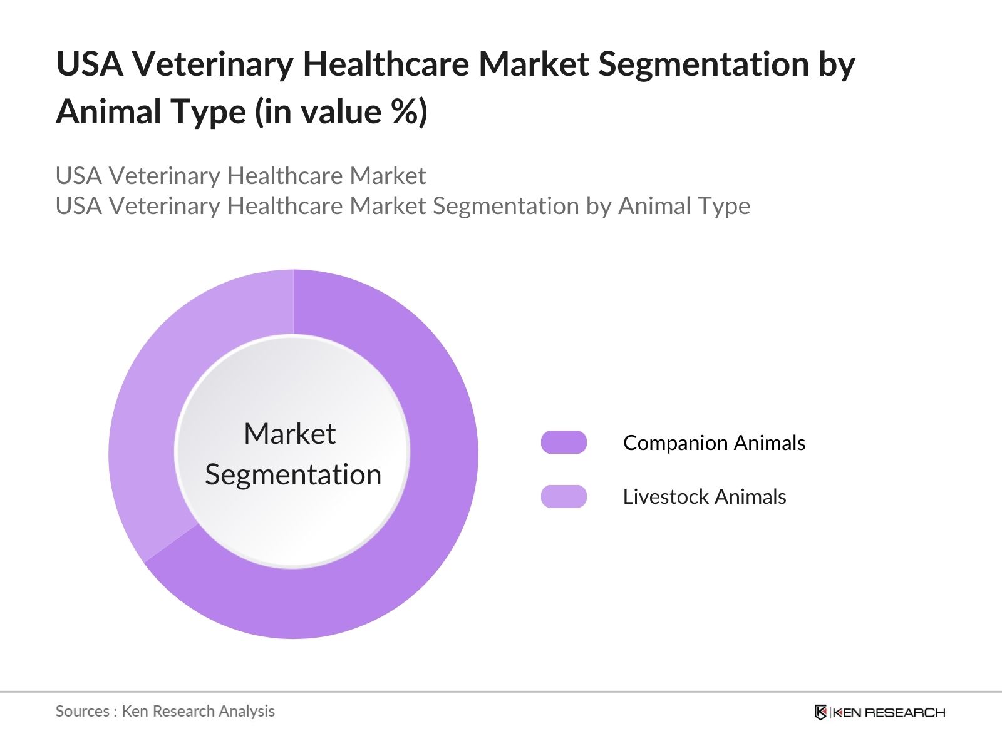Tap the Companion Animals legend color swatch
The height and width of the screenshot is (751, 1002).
pyautogui.click(x=564, y=442)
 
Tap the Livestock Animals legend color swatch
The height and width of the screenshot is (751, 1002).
pyautogui.click(x=564, y=496)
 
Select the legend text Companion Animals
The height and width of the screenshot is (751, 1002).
pyautogui.click(x=714, y=442)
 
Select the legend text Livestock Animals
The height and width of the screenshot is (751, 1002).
pyautogui.click(x=704, y=496)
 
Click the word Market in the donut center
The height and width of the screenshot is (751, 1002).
pyautogui.click(x=289, y=434)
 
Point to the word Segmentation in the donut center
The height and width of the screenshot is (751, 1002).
pyautogui.click(x=293, y=474)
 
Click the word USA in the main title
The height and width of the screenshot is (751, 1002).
pyautogui.click(x=89, y=64)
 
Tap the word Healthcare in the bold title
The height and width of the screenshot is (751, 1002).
pyautogui.click(x=385, y=64)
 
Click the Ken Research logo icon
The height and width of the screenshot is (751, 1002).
pyautogui.click(x=820, y=712)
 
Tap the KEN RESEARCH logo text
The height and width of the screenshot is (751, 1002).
pyautogui.click(x=889, y=712)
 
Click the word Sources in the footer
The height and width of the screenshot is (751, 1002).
pyautogui.click(x=82, y=711)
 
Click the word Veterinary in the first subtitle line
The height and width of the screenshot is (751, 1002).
pyautogui.click(x=164, y=176)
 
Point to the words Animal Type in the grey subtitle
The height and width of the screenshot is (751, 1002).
pyautogui.click(x=684, y=206)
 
